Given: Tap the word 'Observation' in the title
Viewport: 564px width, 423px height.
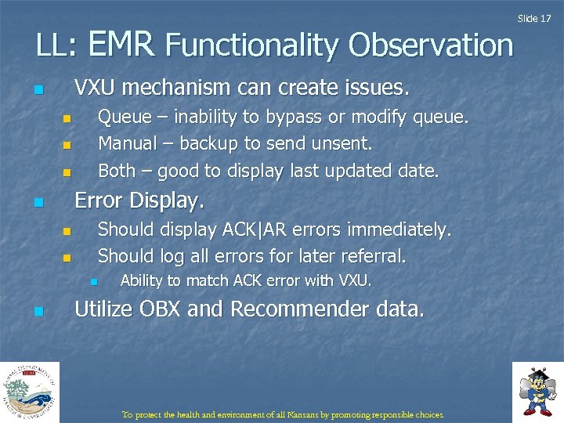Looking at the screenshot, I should (431, 45).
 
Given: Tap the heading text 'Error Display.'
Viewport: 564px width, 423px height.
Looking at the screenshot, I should (139, 201).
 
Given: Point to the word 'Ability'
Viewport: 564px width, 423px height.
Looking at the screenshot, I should (141, 280).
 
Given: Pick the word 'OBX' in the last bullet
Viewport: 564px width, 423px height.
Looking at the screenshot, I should (161, 310).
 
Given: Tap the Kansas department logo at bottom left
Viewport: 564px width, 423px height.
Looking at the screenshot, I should (29, 392).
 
